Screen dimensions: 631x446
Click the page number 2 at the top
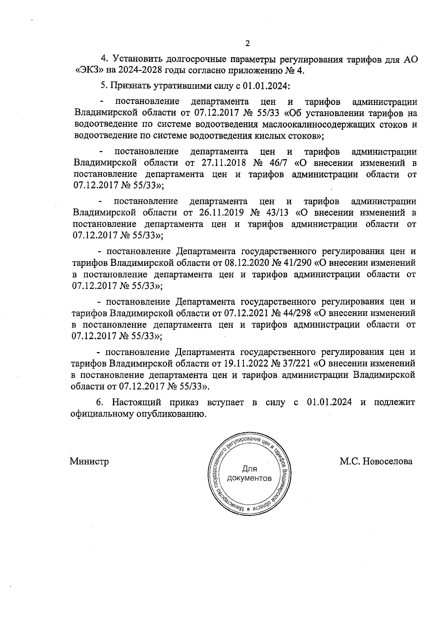[x=248, y=43]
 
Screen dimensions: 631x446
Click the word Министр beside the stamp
[x=89, y=462]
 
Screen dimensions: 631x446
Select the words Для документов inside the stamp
[x=249, y=473]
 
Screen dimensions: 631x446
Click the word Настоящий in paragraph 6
[x=137, y=402]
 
